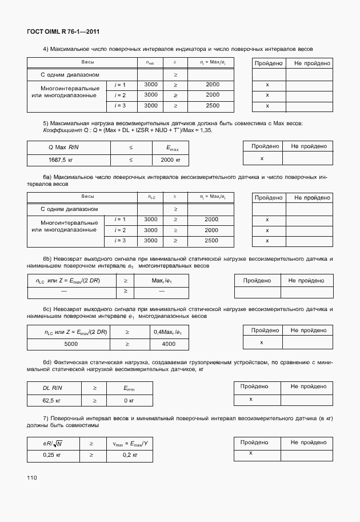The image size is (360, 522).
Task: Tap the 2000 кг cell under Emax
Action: point(170,161)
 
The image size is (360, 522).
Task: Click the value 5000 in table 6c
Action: point(71,344)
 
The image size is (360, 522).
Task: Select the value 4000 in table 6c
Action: point(169,344)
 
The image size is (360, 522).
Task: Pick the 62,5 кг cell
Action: point(55,400)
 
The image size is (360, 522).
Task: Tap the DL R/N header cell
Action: point(55,388)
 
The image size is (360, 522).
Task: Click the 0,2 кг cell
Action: point(130,455)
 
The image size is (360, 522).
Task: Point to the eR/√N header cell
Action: point(53,443)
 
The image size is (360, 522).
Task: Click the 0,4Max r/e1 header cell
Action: point(169,332)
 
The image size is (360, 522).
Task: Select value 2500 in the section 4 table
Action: point(212,106)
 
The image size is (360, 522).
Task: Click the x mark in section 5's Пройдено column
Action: point(262,158)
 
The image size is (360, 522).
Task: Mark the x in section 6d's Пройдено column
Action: point(250,399)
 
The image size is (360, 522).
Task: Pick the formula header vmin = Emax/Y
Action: point(130,443)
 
